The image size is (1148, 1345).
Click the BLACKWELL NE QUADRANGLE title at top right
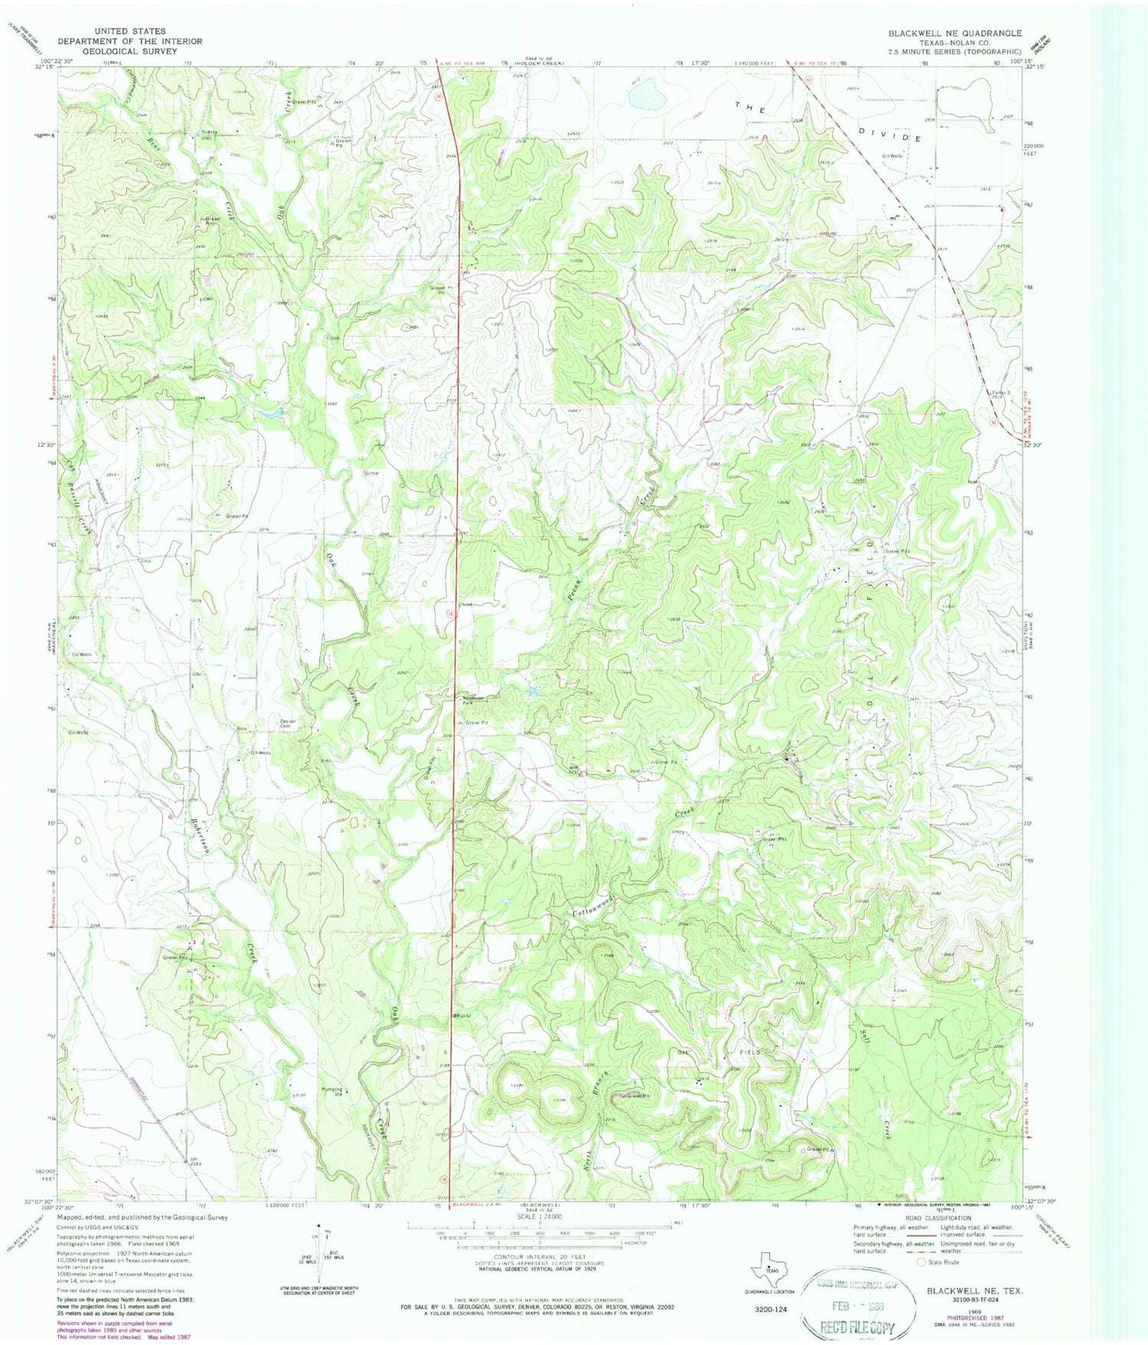(x=954, y=33)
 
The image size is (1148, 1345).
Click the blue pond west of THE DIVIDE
(x=643, y=95)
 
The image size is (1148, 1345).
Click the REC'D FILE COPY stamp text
(x=857, y=1327)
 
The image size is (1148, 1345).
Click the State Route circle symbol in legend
(x=922, y=1262)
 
